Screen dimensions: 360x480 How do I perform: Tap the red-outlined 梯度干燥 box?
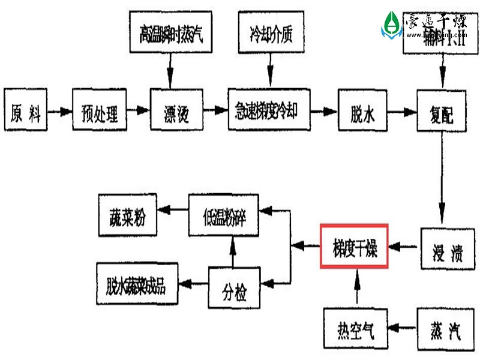355,246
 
